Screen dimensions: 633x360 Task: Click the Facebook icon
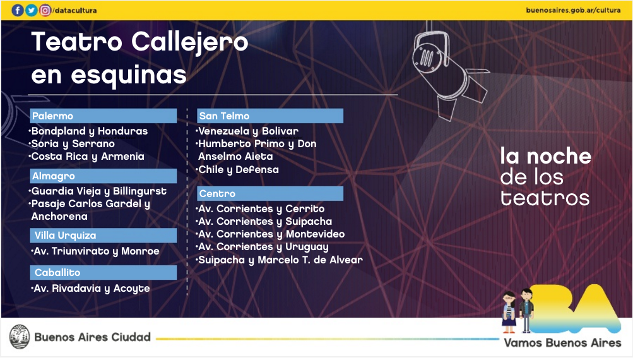pyautogui.click(x=18, y=10)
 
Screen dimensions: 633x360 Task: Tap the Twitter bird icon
pyautogui.click(x=32, y=10)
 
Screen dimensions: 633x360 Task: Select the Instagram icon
pyautogui.click(x=45, y=10)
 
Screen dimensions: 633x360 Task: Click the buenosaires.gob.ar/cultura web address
pyautogui.click(x=573, y=10)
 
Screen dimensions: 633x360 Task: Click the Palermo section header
pyautogui.click(x=104, y=116)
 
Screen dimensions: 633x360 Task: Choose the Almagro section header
pyautogui.click(x=104, y=176)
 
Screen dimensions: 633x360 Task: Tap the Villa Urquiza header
pyautogui.click(x=104, y=236)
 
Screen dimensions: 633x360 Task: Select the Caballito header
pyautogui.click(x=104, y=273)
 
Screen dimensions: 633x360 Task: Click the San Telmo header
pyautogui.click(x=270, y=116)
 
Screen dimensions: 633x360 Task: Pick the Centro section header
pyautogui.click(x=270, y=193)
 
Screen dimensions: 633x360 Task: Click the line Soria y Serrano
pyautogui.click(x=72, y=144)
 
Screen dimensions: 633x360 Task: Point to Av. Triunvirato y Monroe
pyautogui.click(x=95, y=251)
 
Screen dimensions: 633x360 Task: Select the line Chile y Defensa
pyautogui.click(x=237, y=170)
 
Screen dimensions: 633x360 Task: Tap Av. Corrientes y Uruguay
pyautogui.click(x=263, y=247)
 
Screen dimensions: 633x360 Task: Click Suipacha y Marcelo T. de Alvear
pyautogui.click(x=280, y=260)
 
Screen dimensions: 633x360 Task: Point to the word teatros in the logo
pyautogui.click(x=545, y=198)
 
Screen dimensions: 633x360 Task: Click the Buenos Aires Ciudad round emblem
pyautogui.click(x=20, y=337)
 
